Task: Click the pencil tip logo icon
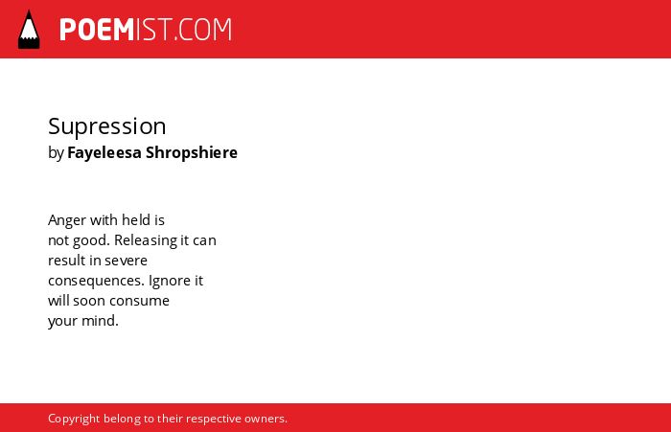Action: [x=29, y=30]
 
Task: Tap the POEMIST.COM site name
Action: [x=146, y=30]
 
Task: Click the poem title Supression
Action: [x=107, y=127]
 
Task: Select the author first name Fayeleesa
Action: [x=104, y=153]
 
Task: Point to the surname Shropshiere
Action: [x=192, y=152]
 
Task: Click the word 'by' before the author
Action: [x=56, y=153]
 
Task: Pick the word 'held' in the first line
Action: [x=136, y=220]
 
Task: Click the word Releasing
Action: [x=146, y=240]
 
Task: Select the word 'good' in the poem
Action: [x=91, y=240]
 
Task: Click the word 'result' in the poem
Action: [x=66, y=260]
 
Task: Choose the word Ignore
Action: [x=170, y=281]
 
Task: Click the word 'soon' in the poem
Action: [x=89, y=301]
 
